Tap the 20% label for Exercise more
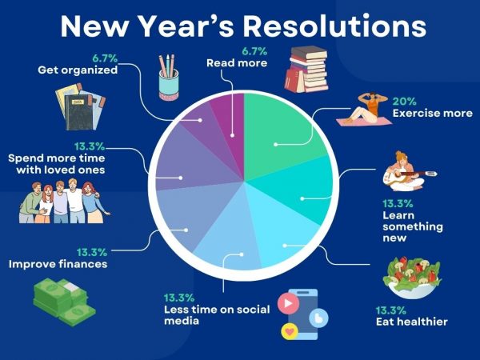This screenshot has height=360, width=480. tap(403, 101)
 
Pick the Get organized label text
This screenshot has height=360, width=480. tap(78, 70)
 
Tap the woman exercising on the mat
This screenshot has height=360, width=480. tap(359, 113)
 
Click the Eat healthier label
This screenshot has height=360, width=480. tap(411, 322)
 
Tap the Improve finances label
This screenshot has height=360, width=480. tap(57, 263)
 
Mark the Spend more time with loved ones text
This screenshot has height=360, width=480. tap(57, 164)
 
